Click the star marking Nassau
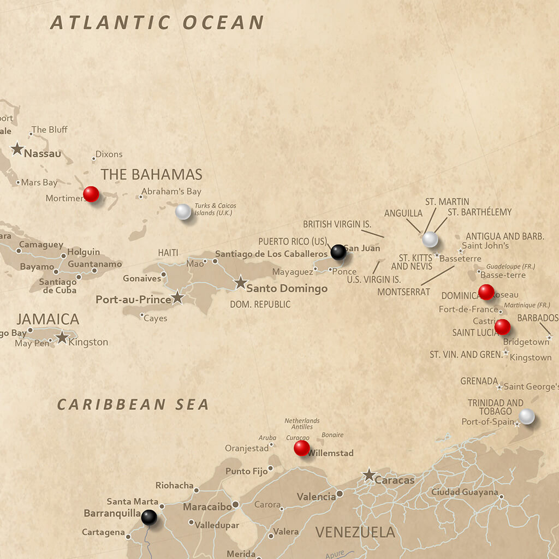[x=17, y=148]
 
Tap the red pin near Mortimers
[x=91, y=194]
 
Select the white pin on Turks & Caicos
[x=183, y=212]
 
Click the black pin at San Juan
[x=338, y=252]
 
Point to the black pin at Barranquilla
[x=148, y=517]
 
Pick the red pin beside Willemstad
[x=301, y=448]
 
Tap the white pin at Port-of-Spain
[x=526, y=417]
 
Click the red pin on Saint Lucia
[x=502, y=327]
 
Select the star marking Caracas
[x=370, y=475]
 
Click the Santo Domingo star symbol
[x=241, y=283]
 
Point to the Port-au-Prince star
[x=177, y=298]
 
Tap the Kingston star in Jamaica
[x=62, y=337]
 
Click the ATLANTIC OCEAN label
[x=157, y=22]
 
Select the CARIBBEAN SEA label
[x=133, y=405]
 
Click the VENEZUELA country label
[x=355, y=532]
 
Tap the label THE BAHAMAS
[x=151, y=175]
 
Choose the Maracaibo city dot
[x=235, y=504]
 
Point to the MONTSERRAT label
[x=403, y=292]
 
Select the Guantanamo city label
[x=94, y=264]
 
